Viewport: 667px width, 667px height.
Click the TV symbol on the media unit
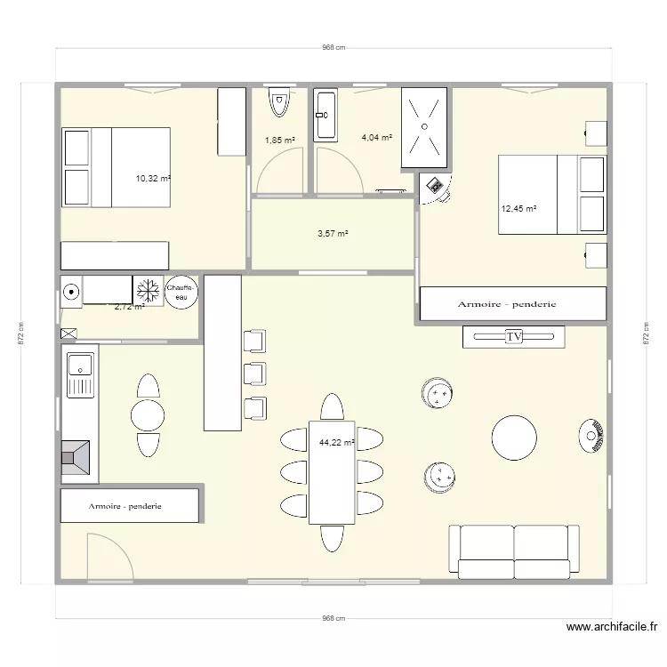click(513, 336)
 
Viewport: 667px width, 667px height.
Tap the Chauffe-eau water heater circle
click(181, 292)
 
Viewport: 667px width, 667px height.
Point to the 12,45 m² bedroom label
click(519, 209)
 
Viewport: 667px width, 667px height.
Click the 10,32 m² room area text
click(153, 179)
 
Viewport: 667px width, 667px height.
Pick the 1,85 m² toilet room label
click(280, 140)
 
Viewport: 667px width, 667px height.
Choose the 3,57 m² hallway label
click(333, 234)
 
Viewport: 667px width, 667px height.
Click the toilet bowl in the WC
click(280, 105)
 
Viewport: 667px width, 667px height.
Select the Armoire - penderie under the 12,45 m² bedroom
click(512, 304)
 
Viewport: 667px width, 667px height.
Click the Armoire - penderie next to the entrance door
click(129, 506)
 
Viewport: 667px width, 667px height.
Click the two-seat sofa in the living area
click(514, 549)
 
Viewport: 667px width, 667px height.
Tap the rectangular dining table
click(332, 472)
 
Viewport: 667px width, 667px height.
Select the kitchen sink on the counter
click(82, 365)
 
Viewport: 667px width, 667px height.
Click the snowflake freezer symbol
click(146, 291)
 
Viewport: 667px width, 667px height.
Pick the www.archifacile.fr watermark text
click(613, 627)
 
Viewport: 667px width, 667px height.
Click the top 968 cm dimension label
click(333, 48)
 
